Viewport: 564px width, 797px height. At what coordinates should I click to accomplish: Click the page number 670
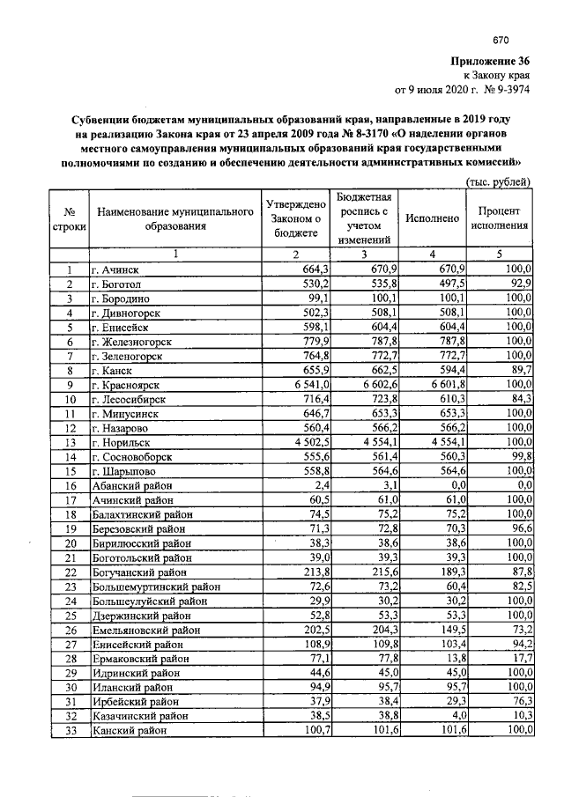501,40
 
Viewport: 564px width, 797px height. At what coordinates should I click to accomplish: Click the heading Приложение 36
489,62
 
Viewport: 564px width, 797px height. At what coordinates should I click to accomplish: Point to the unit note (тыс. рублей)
498,182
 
